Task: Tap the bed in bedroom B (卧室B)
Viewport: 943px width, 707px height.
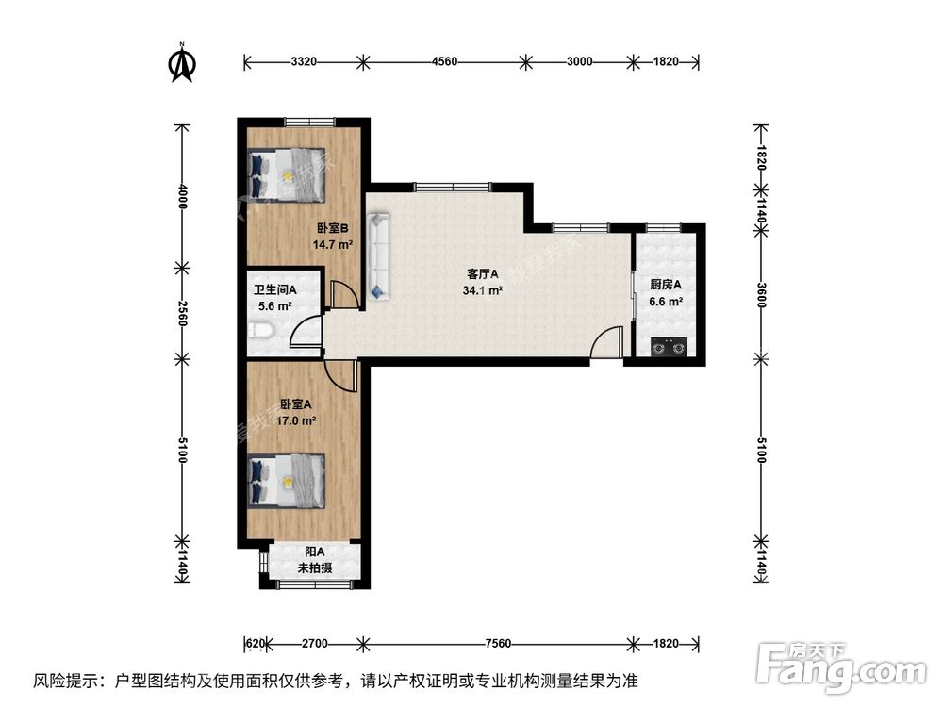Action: [286, 174]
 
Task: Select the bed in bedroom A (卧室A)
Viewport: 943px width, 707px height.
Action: [287, 481]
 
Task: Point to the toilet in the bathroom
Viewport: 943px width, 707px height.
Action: [262, 330]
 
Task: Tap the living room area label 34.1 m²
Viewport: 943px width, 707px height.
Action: [482, 290]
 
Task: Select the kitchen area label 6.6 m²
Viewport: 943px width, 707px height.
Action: [665, 302]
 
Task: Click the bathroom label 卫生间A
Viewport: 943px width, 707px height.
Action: [274, 290]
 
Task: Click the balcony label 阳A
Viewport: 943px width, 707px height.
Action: [314, 552]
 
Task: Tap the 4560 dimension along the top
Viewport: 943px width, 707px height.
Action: [444, 62]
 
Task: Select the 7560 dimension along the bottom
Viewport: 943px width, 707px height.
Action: [497, 644]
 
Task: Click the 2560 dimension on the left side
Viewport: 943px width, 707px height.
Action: [183, 313]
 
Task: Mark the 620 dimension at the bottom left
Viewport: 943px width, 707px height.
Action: [255, 644]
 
